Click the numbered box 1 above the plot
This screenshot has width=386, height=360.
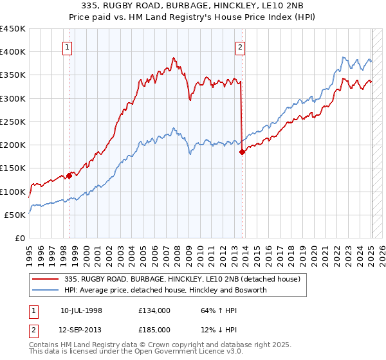pos(68,46)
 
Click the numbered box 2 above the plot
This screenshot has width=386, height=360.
pos(240,46)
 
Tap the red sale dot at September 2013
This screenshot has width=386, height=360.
pos(242,152)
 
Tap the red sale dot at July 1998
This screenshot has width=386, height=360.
pos(69,175)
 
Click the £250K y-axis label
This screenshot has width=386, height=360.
pos(13,122)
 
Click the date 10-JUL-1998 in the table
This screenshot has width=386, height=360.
pos(81,310)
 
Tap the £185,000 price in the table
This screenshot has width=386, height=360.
pos(154,329)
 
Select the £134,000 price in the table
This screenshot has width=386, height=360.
pos(154,310)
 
